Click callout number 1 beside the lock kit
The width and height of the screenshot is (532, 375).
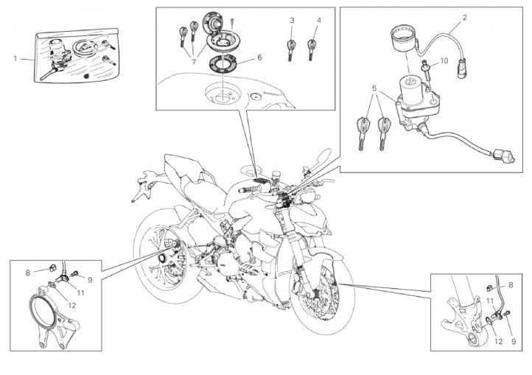tap(15, 59)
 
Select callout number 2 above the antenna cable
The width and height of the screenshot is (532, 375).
tap(464, 17)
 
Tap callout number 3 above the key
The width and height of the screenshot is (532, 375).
tap(292, 21)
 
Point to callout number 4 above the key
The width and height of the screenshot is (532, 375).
tap(318, 21)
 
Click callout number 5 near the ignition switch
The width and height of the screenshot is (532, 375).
tap(374, 88)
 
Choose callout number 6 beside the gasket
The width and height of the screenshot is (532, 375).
tap(259, 57)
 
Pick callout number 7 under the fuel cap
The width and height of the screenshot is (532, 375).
tap(194, 62)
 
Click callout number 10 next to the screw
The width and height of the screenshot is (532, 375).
tap(444, 60)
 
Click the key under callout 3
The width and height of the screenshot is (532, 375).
tap(291, 50)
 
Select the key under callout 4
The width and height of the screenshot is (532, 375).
tap(311, 50)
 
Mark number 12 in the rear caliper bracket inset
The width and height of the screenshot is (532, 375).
tap(72, 306)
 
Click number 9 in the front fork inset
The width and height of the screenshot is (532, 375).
tap(514, 341)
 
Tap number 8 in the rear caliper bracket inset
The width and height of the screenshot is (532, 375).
tap(28, 273)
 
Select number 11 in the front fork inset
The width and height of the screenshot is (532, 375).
tap(489, 301)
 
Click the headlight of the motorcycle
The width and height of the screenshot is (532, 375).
tap(306, 196)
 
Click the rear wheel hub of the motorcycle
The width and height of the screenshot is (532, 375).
tap(162, 259)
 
